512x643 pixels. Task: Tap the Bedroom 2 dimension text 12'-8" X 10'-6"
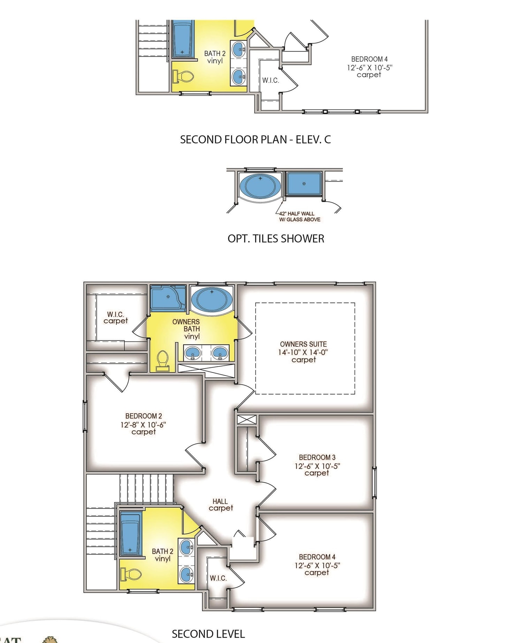click(x=143, y=424)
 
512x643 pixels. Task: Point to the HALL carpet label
click(x=220, y=505)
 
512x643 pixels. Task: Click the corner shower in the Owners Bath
click(x=168, y=298)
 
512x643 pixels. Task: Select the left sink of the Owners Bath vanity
click(x=192, y=353)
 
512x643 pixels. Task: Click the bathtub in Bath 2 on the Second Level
click(x=131, y=534)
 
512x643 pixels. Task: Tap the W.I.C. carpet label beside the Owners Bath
click(x=115, y=317)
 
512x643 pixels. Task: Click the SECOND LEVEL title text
click(x=208, y=634)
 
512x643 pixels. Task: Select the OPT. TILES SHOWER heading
click(x=276, y=239)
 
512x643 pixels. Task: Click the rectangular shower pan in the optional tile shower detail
click(x=304, y=183)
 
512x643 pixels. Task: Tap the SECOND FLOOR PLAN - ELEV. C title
click(x=255, y=139)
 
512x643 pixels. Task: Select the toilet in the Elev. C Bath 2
click(x=183, y=76)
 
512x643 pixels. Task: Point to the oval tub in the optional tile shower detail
click(x=260, y=186)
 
